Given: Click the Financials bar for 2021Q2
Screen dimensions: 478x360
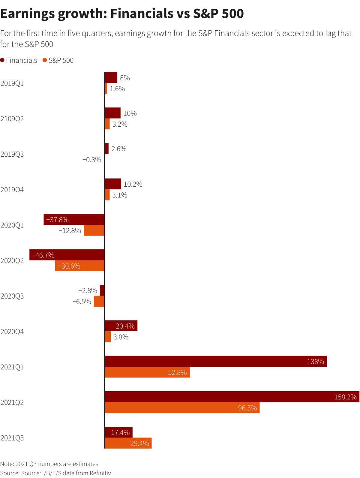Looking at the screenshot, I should coord(232,397).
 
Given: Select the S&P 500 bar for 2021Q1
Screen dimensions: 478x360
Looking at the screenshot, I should coord(147,372).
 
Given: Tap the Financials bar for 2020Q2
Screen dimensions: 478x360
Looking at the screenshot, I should coord(67,255).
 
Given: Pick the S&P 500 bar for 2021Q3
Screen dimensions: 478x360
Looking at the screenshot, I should coord(128,443).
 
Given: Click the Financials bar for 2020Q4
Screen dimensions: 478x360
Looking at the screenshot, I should coord(121,326).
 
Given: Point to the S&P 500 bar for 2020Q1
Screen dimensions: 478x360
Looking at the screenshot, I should coord(94,230).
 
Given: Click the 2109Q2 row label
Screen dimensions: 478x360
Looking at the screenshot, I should coord(12,119).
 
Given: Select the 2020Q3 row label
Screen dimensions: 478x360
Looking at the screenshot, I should coord(12,296).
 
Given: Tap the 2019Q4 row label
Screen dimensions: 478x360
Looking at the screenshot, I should coord(12,190).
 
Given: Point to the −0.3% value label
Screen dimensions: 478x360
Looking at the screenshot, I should coord(92,160).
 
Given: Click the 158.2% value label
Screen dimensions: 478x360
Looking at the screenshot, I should coord(345,397).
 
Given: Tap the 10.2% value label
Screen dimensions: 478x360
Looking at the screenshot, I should coord(133,184).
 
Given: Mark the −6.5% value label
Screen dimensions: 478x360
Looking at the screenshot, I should coord(82,302).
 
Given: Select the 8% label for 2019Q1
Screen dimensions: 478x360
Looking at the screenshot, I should coord(125,78).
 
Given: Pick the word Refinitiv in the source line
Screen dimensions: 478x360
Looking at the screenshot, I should coord(100,473).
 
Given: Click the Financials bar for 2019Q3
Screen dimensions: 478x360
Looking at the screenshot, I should coord(106,149).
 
